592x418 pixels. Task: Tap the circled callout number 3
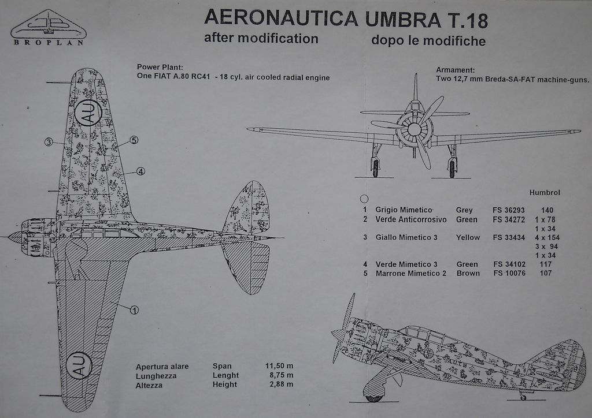pyautogui.click(x=49, y=141)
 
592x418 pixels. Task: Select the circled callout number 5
pyautogui.click(x=134, y=140)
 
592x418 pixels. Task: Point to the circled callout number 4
pyautogui.click(x=140, y=171)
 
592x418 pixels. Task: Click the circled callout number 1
pyautogui.click(x=134, y=310)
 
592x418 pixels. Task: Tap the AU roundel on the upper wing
pyautogui.click(x=88, y=111)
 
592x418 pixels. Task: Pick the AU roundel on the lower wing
pyautogui.click(x=80, y=365)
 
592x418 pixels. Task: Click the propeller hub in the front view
pyautogui.click(x=414, y=129)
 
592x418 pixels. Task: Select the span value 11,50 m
pyautogui.click(x=279, y=366)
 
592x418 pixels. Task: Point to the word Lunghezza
pyautogui.click(x=156, y=376)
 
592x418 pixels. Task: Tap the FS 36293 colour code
pyautogui.click(x=509, y=210)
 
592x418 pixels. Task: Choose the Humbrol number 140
pyautogui.click(x=547, y=210)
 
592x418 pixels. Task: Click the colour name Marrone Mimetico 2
pyautogui.click(x=410, y=273)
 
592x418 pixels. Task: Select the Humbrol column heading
pyautogui.click(x=545, y=193)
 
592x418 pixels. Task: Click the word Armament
pyautogui.click(x=455, y=70)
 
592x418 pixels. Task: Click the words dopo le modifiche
pyautogui.click(x=428, y=41)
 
